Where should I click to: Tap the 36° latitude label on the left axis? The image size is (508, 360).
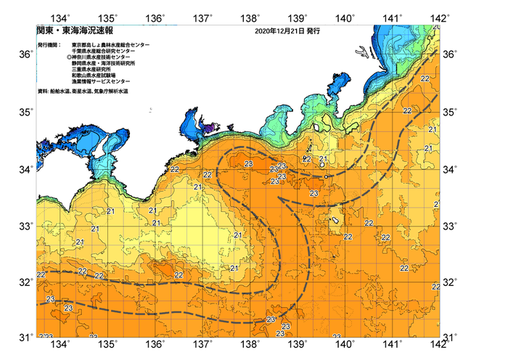coord(25,54)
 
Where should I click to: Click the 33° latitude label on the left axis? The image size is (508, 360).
coord(25,226)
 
